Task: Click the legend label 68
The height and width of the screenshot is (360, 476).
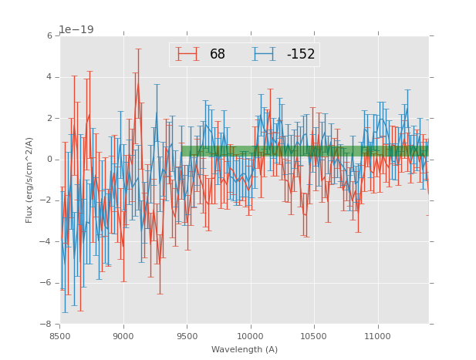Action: point(217,54)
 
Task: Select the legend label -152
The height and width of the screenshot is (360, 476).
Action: point(300,54)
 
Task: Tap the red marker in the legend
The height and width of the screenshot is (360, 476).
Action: point(187,54)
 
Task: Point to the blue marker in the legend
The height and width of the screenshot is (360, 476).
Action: point(264,54)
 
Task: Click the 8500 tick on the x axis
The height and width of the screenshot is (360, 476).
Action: point(60,336)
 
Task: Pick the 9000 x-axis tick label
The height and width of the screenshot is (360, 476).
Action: point(123,336)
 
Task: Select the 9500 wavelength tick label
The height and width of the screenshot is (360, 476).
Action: point(187,336)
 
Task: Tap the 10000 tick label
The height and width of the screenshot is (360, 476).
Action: point(250,336)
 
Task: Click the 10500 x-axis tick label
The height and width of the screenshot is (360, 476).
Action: point(314,336)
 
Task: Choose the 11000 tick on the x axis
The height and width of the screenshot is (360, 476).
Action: point(377,336)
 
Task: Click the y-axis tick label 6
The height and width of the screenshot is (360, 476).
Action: point(49,36)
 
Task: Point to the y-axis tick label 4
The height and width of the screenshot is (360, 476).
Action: point(49,77)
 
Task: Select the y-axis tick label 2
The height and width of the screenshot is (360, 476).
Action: point(49,119)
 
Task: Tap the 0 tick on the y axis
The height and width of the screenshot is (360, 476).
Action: point(49,160)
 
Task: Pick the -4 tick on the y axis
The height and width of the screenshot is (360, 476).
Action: point(47,242)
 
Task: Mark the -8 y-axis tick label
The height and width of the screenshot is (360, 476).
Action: point(47,325)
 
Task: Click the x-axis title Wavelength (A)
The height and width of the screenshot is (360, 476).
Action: point(245,349)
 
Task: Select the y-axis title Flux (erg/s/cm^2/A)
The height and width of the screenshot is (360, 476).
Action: point(29,180)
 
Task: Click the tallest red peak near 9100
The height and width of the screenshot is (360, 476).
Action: point(138,84)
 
